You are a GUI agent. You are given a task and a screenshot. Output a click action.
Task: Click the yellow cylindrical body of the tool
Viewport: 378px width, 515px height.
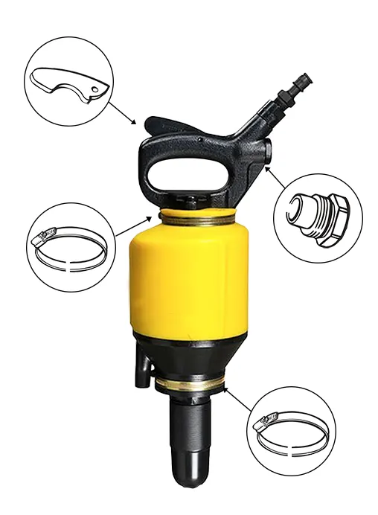coord(189,283)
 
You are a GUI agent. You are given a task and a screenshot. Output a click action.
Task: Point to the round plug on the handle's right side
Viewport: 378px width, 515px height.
coord(266,152)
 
